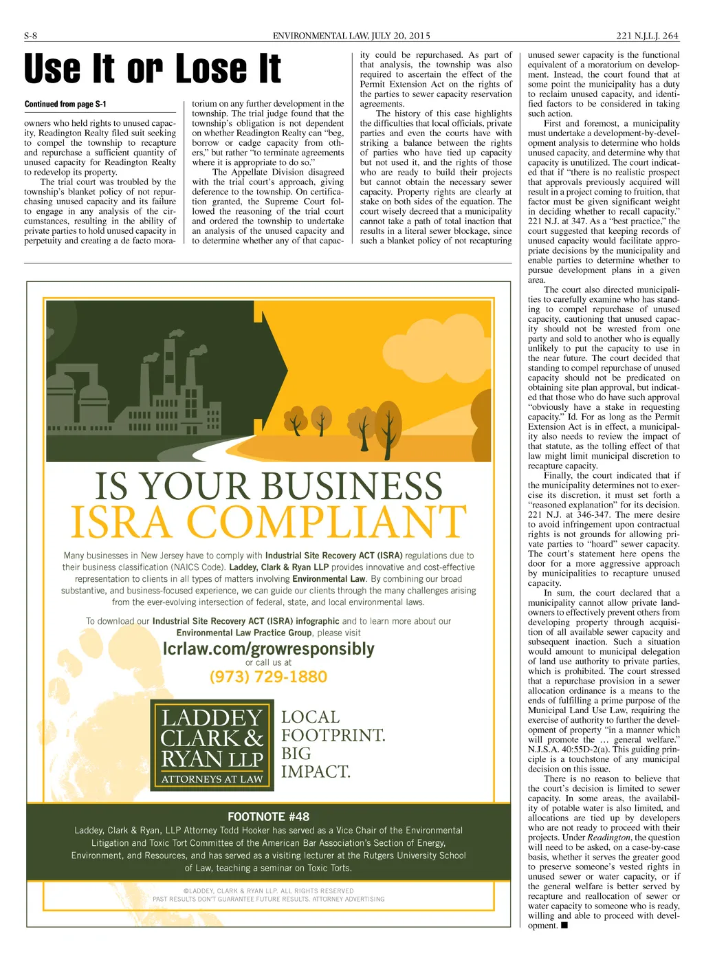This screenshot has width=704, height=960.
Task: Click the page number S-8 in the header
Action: coord(30,36)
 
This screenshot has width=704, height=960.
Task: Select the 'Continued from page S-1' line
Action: coord(65,105)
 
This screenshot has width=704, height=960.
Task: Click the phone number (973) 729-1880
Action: coord(268,677)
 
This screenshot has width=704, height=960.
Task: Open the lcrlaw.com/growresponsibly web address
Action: coord(268,648)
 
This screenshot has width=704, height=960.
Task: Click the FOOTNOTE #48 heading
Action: coord(268,817)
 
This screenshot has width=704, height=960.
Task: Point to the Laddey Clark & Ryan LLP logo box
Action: coord(212,745)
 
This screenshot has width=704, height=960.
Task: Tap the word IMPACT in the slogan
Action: coord(316,772)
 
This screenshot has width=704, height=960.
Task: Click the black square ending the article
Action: coord(564,925)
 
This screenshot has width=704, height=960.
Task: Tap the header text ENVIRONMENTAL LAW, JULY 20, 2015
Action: coord(351,36)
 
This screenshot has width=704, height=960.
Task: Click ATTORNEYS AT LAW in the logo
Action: coord(212,779)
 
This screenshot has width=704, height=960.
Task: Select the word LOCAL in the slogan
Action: coord(310,717)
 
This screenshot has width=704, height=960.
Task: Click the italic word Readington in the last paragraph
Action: coord(608,838)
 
